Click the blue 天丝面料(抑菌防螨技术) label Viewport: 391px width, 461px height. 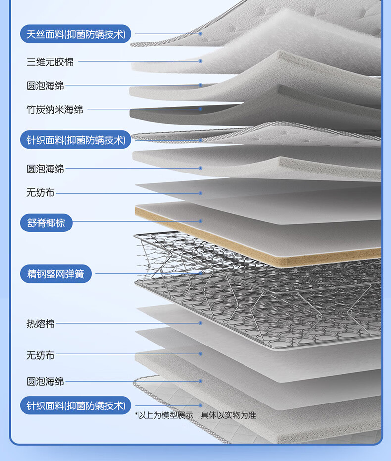pos(76,34)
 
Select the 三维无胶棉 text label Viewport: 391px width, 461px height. pos(50,62)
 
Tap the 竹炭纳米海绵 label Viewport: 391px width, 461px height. pos(54,109)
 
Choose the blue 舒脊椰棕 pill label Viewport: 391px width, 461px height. pos(46,223)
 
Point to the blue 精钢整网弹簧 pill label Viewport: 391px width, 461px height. pos(55,274)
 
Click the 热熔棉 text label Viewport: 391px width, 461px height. pos(41,324)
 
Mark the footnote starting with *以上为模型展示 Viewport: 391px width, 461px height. pos(195,415)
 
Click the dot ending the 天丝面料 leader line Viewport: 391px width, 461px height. pos(201,34)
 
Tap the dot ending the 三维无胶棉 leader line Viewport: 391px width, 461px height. pos(201,61)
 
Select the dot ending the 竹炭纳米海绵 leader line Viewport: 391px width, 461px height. pos(201,109)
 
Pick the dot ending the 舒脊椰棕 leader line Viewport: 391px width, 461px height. pos(201,221)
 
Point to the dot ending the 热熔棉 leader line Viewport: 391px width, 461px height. pos(201,323)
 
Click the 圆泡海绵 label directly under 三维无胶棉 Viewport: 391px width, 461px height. pos(45,86)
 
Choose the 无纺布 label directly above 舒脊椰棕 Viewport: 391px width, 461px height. pos(41,193)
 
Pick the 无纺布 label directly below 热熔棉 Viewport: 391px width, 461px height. pos(41,355)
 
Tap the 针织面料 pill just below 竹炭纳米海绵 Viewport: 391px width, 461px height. pos(76,140)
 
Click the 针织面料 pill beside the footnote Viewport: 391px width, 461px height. pos(76,405)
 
